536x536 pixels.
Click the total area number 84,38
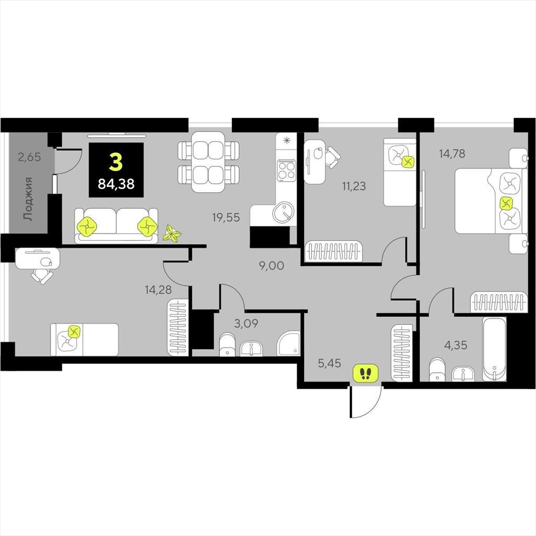pyautogui.click(x=116, y=184)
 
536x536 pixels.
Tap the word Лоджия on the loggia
pyautogui.click(x=28, y=198)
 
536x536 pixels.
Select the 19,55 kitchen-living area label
pyautogui.click(x=226, y=217)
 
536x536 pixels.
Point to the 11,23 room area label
pyautogui.click(x=354, y=186)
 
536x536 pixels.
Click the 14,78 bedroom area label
pyautogui.click(x=452, y=153)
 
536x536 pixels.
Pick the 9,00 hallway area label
pyautogui.click(x=272, y=265)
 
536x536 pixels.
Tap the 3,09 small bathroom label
pyautogui.click(x=246, y=323)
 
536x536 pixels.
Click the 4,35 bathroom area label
pyautogui.click(x=455, y=345)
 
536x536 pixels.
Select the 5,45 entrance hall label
pyautogui.click(x=330, y=363)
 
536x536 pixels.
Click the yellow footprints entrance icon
pyautogui.click(x=366, y=373)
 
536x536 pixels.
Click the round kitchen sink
pyautogui.click(x=283, y=213)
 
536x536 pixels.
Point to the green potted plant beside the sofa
pyautogui.click(x=172, y=234)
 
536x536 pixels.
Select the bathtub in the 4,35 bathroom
pyautogui.click(x=494, y=349)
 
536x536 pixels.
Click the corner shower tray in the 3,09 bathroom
pyautogui.click(x=289, y=343)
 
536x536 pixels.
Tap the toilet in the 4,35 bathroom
pyautogui.click(x=437, y=369)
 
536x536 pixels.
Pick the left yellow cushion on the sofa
pyautogui.click(x=87, y=226)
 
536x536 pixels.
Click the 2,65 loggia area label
pyautogui.click(x=29, y=157)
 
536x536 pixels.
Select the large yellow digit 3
pyautogui.click(x=116, y=162)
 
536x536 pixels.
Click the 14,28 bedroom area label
pyautogui.click(x=158, y=290)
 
